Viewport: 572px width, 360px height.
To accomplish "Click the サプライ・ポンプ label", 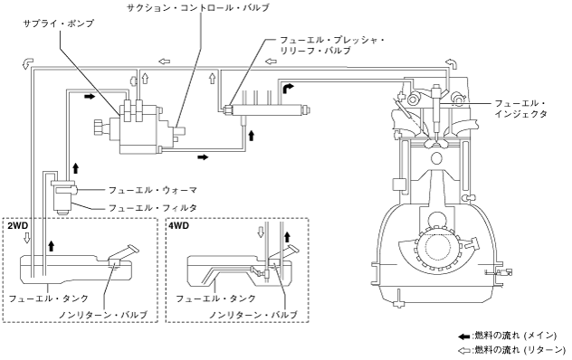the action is [x=59, y=24].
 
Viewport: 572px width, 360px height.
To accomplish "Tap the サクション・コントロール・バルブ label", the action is [x=198, y=7].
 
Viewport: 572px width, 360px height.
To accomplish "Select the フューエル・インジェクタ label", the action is [x=521, y=109].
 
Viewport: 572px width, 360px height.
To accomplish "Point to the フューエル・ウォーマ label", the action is [x=153, y=190].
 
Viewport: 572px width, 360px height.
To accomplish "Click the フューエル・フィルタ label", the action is [x=153, y=208].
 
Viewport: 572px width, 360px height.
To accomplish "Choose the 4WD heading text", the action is [x=179, y=225].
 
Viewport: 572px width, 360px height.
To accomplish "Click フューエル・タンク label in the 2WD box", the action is [x=49, y=298].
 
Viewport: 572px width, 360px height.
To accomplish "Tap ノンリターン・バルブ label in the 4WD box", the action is [x=253, y=314].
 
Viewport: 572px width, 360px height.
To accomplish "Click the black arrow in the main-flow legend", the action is [x=464, y=336].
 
